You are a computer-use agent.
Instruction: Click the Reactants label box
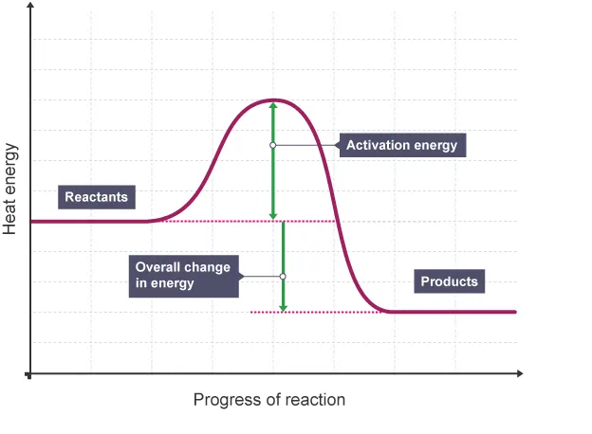[x=96, y=197]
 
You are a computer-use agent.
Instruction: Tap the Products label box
[x=449, y=281]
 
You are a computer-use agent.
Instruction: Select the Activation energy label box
[x=401, y=145]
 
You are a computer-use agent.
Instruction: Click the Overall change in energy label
[x=183, y=275]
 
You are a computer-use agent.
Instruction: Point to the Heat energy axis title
[x=10, y=190]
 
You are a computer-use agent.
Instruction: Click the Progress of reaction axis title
[x=269, y=399]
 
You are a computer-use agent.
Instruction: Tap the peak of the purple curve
[x=273, y=99]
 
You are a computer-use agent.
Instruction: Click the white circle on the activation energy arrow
[x=273, y=145]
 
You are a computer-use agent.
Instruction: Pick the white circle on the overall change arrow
[x=283, y=276]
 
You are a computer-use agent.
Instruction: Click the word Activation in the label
[x=375, y=145]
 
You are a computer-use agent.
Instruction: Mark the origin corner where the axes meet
[x=31, y=375]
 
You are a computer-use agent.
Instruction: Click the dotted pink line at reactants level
[x=247, y=222]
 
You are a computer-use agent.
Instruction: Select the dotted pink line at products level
[x=313, y=312]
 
